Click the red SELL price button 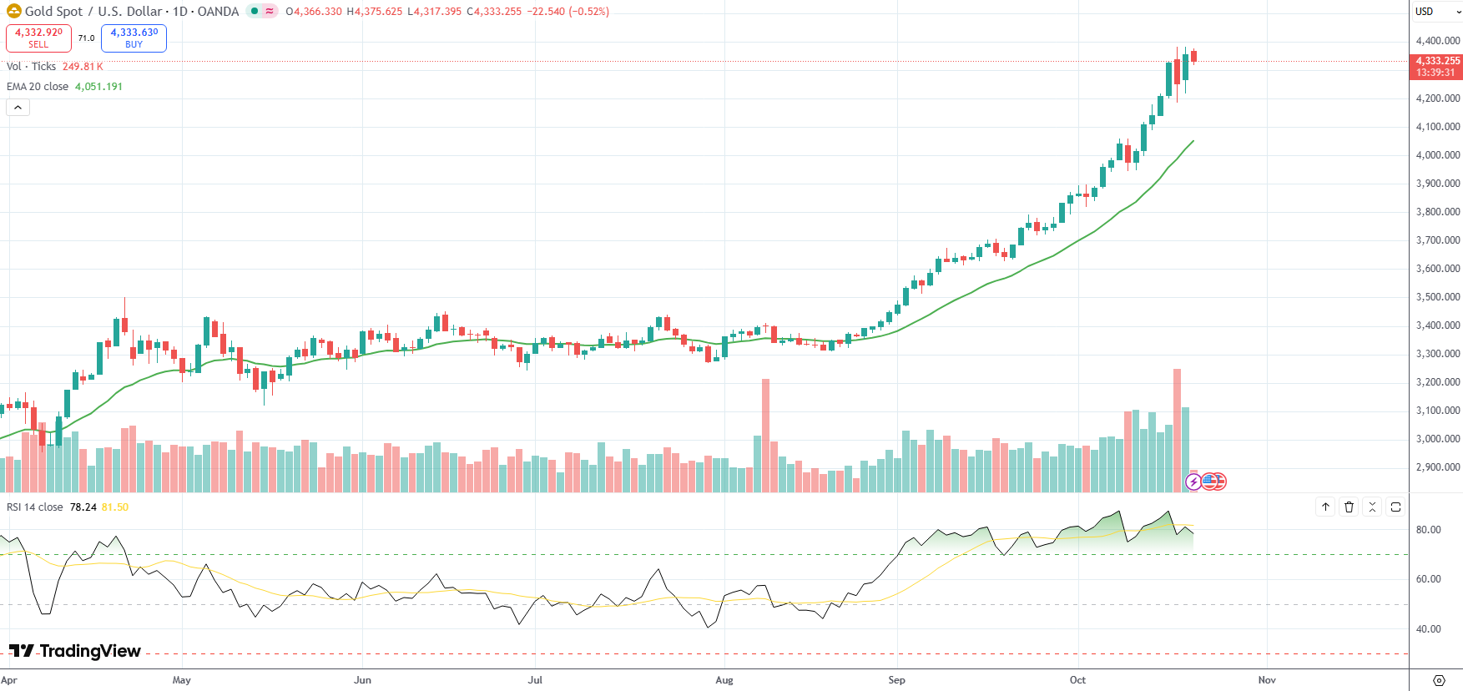[38, 38]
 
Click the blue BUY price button [134, 38]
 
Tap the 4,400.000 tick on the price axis [1437, 41]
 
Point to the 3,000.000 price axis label [1437, 439]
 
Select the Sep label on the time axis [896, 680]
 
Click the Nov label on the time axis [1266, 680]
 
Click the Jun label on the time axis [362, 680]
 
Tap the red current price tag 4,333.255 [1437, 66]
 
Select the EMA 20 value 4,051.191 [98, 87]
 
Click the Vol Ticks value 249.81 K [83, 67]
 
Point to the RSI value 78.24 [83, 507]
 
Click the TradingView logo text [75, 652]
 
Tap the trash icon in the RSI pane [1349, 507]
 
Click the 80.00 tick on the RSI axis [1428, 530]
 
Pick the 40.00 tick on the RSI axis [1428, 629]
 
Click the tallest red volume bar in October [1177, 430]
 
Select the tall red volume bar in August [765, 435]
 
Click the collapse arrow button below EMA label [18, 108]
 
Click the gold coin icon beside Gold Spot [13, 12]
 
